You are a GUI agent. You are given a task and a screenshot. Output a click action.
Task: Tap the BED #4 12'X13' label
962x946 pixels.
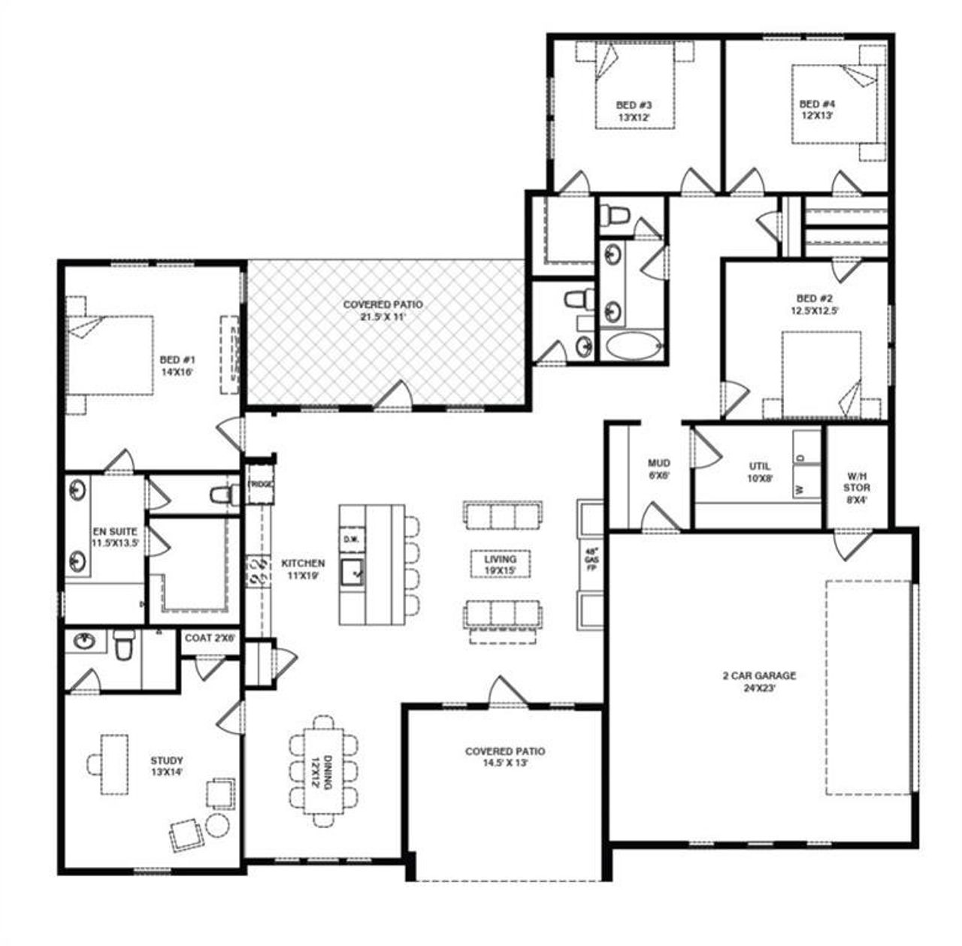[817, 110]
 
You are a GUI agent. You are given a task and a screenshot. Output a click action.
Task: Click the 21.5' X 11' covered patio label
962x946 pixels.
[383, 310]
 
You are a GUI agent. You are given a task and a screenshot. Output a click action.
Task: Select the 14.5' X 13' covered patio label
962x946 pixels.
[505, 757]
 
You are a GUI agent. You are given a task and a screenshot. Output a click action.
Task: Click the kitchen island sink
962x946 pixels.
[352, 574]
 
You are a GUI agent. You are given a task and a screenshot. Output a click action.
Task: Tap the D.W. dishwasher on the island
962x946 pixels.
[351, 539]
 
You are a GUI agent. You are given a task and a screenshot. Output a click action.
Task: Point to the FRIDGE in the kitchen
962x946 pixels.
[260, 485]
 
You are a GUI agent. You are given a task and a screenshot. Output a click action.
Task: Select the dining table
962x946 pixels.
[324, 772]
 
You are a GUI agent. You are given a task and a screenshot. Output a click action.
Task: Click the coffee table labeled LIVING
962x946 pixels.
[500, 564]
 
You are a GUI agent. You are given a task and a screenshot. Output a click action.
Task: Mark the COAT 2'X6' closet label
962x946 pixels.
[210, 638]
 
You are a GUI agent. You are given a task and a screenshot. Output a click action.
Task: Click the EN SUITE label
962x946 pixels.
[115, 536]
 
